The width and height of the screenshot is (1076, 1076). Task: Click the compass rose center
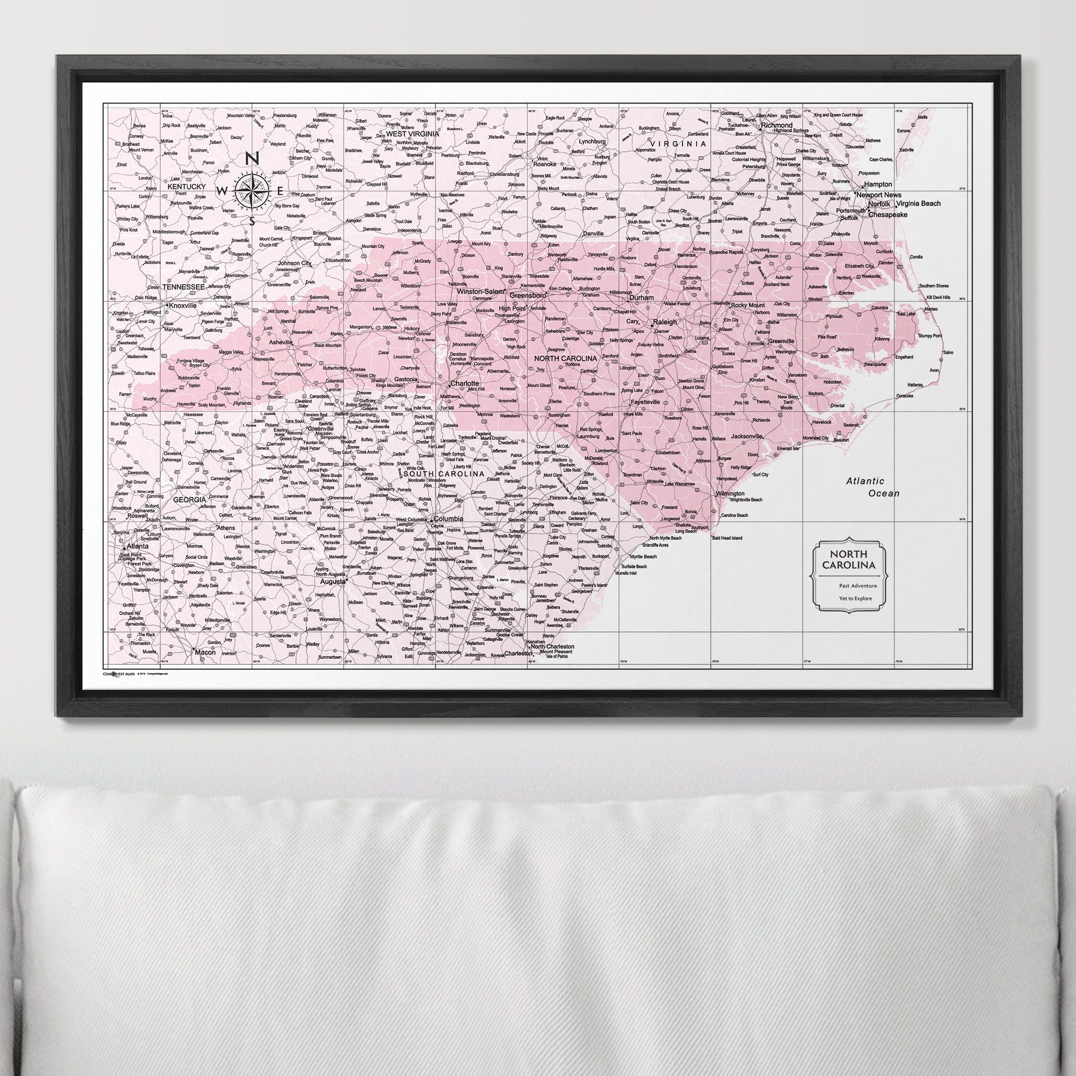point(251,191)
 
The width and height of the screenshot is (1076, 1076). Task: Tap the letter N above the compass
point(251,159)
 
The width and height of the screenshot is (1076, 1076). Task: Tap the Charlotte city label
point(464,384)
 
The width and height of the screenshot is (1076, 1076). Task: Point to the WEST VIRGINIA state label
point(412,133)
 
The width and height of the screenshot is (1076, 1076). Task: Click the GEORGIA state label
point(190,500)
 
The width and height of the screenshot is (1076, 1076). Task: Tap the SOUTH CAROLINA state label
point(444,474)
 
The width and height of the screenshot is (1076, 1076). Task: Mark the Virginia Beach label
point(918,204)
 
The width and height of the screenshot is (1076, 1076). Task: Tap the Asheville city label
point(281,343)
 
